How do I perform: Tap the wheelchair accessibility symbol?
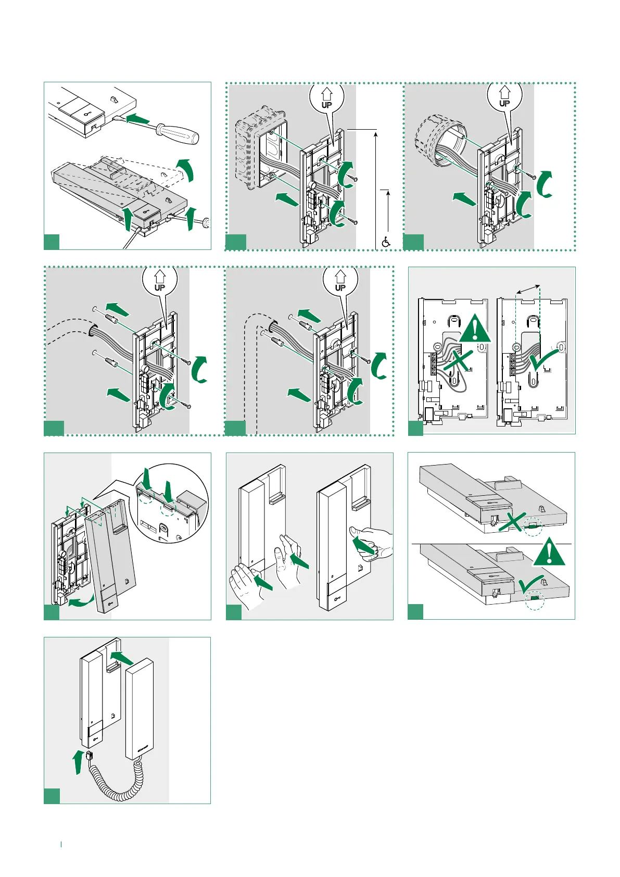386,242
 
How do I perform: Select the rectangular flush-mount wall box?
262,151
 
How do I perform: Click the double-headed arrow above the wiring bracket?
528,289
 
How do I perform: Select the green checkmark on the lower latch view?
531,586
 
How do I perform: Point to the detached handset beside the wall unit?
140,708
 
